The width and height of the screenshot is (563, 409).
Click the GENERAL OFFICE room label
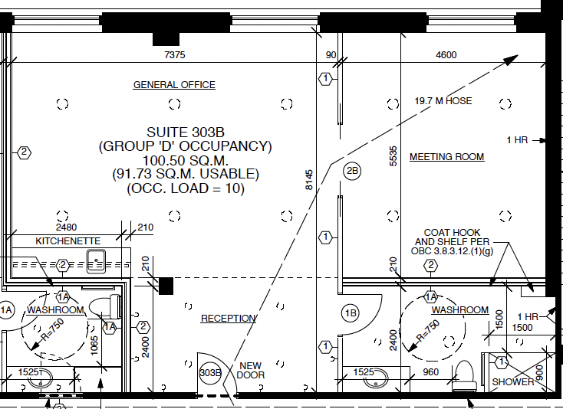[174, 85]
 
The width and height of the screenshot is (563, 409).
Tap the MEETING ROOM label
[446, 157]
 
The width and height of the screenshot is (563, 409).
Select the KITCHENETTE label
[67, 241]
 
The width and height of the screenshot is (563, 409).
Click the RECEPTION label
[229, 319]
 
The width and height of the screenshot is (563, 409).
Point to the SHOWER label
[512, 381]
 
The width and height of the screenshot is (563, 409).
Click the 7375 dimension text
[175, 55]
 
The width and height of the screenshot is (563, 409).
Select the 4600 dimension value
[446, 55]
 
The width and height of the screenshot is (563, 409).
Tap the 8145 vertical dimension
[309, 180]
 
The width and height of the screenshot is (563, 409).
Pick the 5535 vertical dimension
[393, 156]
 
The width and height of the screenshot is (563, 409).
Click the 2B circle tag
[352, 171]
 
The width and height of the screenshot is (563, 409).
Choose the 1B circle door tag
[351, 313]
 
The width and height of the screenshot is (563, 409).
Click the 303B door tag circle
[210, 373]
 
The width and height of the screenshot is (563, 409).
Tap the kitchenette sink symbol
[96, 261]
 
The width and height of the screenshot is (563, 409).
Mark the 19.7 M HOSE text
[443, 101]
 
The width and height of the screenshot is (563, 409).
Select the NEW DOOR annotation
[251, 370]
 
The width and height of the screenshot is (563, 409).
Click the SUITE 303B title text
[186, 133]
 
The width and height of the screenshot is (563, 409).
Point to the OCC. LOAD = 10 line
[186, 188]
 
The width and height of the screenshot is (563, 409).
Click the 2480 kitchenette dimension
[67, 227]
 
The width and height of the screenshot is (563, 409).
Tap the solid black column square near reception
[166, 286]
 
